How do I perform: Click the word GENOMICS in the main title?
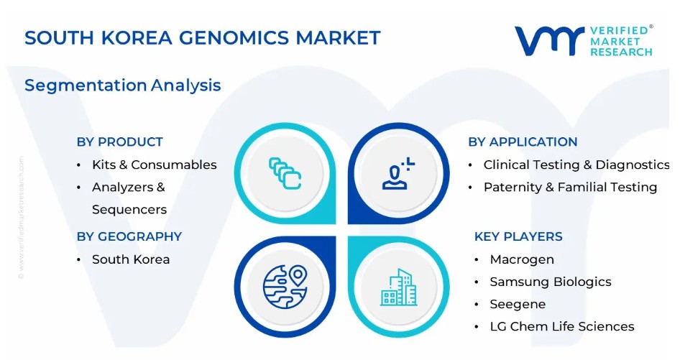click(x=234, y=38)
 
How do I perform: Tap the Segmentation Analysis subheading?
click(x=123, y=86)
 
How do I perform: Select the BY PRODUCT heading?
click(x=120, y=142)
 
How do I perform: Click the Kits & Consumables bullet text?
click(x=155, y=165)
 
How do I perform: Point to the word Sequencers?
click(x=129, y=210)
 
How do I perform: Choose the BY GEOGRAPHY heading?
click(x=129, y=236)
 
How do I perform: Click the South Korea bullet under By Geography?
click(x=131, y=259)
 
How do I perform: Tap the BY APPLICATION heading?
click(x=523, y=142)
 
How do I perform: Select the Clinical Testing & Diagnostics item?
click(x=576, y=165)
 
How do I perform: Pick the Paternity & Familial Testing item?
click(x=570, y=188)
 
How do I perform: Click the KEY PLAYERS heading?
click(x=518, y=236)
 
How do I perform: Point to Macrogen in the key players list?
click(x=522, y=259)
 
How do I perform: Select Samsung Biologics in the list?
click(x=551, y=282)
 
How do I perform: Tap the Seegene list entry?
click(x=518, y=305)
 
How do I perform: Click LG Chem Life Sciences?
click(x=562, y=327)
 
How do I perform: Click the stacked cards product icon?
click(x=285, y=173)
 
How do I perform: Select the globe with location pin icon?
click(x=285, y=287)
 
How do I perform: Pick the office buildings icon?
click(x=398, y=287)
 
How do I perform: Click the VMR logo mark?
click(x=549, y=40)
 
